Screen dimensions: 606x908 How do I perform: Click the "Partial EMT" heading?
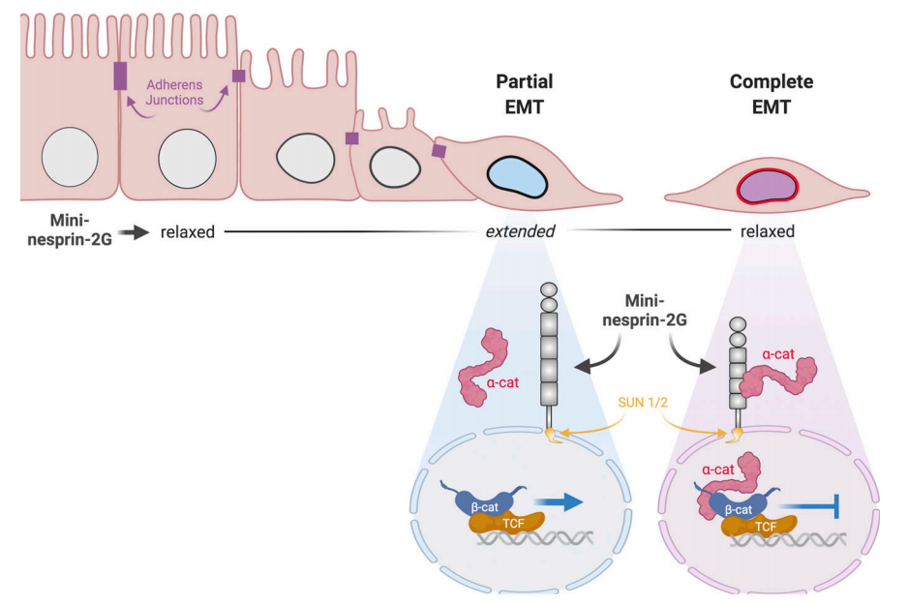click(x=525, y=94)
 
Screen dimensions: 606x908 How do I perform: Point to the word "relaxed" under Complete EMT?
click(x=768, y=232)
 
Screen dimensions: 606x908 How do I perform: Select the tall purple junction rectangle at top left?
click(x=120, y=76)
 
